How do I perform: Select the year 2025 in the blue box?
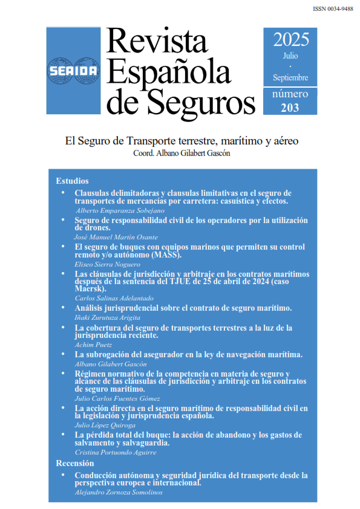290,40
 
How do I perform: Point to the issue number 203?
290,108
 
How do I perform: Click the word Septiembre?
290,77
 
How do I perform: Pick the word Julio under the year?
290,56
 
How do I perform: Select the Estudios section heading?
72,181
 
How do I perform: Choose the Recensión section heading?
76,463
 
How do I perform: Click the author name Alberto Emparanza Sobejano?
120,210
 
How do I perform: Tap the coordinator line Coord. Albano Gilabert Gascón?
182,154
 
